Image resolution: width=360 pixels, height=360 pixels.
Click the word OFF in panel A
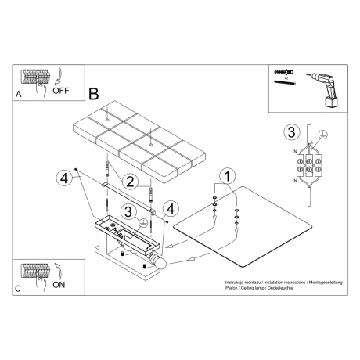click(61, 91)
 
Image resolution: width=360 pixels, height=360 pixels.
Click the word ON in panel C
click(59, 286)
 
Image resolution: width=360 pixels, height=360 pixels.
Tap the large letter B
click(94, 93)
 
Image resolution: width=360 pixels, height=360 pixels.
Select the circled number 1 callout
click(225, 176)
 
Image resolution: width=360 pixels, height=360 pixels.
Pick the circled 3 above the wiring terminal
click(291, 131)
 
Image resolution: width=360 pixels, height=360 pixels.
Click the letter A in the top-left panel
click(19, 93)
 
